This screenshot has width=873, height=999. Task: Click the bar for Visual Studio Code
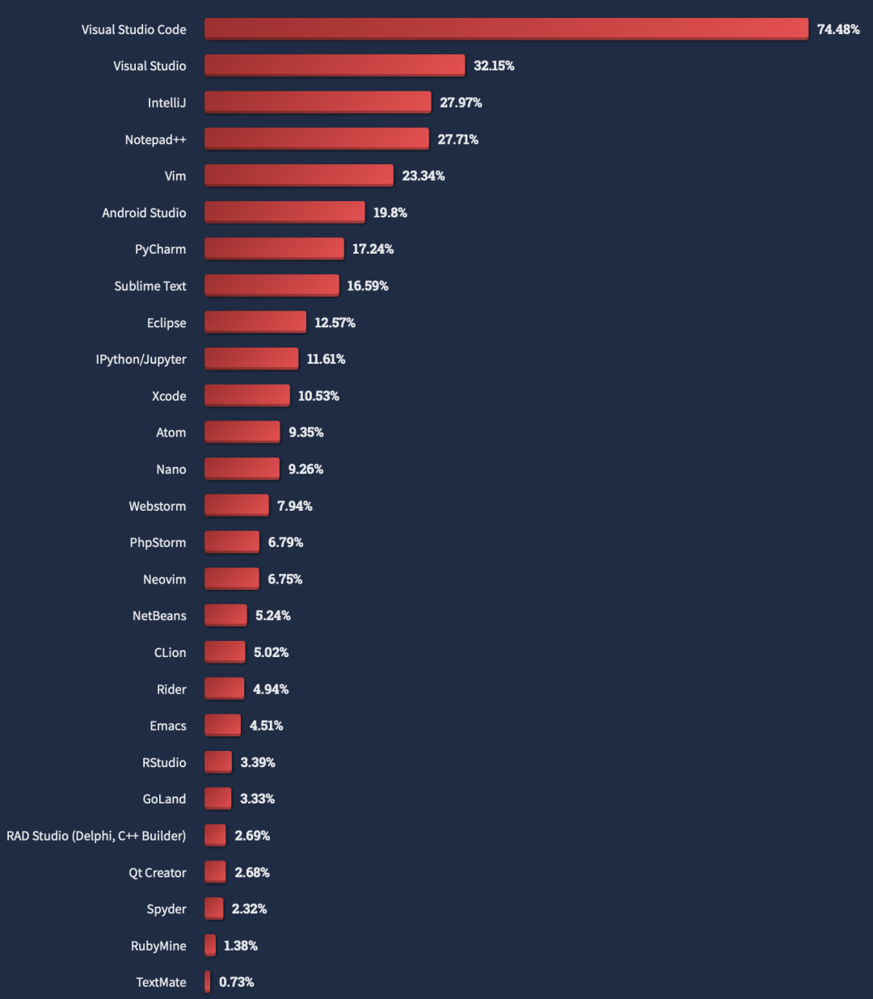[x=506, y=29]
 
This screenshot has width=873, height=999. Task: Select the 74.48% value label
[x=838, y=29]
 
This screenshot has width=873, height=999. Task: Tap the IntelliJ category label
[x=167, y=103]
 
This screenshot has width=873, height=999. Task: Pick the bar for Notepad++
[x=316, y=139]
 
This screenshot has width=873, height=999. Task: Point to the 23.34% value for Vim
[x=424, y=175]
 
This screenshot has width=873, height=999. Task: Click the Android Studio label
[x=144, y=213]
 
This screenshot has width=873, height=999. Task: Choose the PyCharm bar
[x=274, y=249]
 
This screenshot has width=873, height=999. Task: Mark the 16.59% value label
[x=368, y=285]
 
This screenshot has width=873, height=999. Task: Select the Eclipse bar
[x=255, y=322]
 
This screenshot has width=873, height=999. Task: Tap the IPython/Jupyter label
[x=141, y=359]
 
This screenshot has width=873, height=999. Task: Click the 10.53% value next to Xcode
[x=318, y=395]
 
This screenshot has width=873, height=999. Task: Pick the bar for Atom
[x=242, y=432]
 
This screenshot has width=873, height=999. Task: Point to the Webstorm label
[x=157, y=506]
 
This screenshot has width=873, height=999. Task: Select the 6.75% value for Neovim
[x=285, y=579]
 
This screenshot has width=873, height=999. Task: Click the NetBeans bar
[x=226, y=615]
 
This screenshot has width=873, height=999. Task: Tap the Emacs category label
[x=168, y=726]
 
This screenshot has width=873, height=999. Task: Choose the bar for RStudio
[x=218, y=762]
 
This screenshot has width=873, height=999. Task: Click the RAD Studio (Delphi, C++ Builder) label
[x=96, y=836]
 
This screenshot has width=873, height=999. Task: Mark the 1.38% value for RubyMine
[x=241, y=946]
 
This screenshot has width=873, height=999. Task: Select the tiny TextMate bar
[x=208, y=982]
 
